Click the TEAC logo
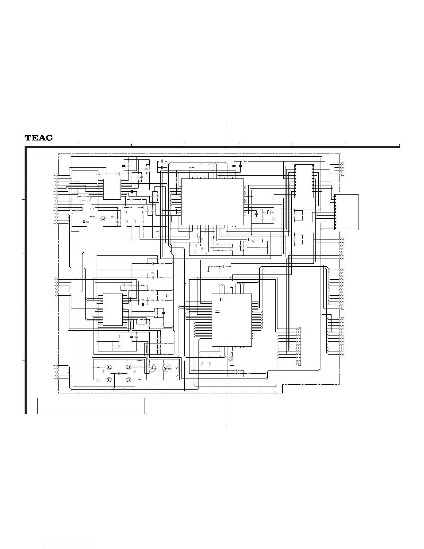point(38,138)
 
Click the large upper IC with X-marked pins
point(212,202)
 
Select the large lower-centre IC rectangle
point(232,320)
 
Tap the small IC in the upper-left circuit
point(112,189)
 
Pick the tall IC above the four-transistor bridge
point(113,310)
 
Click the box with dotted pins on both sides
point(304,181)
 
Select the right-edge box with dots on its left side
point(347,212)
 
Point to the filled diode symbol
point(84,221)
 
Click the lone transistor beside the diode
point(103,218)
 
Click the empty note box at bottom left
point(91,406)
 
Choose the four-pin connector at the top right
point(342,169)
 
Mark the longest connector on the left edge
point(55,199)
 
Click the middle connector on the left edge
point(55,287)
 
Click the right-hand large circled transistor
point(166,368)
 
